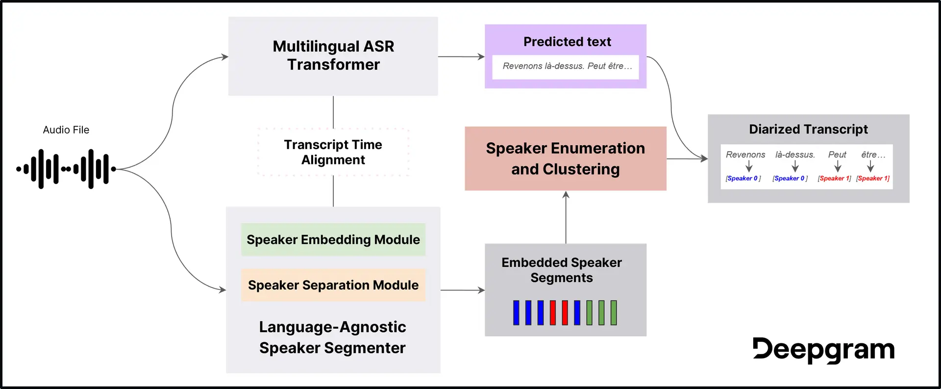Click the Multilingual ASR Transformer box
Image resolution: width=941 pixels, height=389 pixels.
pyautogui.click(x=333, y=56)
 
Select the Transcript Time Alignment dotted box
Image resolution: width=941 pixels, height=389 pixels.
pyautogui.click(x=333, y=152)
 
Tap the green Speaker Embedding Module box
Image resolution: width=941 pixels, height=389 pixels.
pyautogui.click(x=333, y=239)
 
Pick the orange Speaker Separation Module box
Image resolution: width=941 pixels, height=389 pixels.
pyautogui.click(x=333, y=285)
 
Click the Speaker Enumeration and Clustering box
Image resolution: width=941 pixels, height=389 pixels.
pyautogui.click(x=565, y=158)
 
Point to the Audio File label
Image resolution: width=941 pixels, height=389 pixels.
pyautogui.click(x=66, y=130)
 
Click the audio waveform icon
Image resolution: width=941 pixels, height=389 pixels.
pyautogui.click(x=66, y=169)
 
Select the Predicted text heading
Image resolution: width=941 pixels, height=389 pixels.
pyautogui.click(x=567, y=42)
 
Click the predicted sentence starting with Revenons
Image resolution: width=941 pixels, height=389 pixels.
pyautogui.click(x=567, y=66)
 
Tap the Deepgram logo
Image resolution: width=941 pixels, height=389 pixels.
pyautogui.click(x=823, y=350)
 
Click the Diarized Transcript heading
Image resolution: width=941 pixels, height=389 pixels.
pyautogui.click(x=808, y=129)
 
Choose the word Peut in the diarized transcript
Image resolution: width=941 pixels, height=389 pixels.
pyautogui.click(x=837, y=155)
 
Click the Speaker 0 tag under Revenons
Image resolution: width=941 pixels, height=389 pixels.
pyautogui.click(x=743, y=179)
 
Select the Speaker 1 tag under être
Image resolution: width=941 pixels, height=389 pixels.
pyautogui.click(x=872, y=179)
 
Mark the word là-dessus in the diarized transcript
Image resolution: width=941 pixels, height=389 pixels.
pyautogui.click(x=795, y=155)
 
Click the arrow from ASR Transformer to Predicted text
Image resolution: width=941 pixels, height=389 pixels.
pyautogui.click(x=461, y=57)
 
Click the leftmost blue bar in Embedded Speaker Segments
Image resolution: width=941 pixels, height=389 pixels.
pyautogui.click(x=516, y=313)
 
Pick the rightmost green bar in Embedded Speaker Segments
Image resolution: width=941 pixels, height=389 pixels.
pyautogui.click(x=614, y=313)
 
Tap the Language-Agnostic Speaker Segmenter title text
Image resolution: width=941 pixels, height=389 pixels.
pyautogui.click(x=332, y=337)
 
